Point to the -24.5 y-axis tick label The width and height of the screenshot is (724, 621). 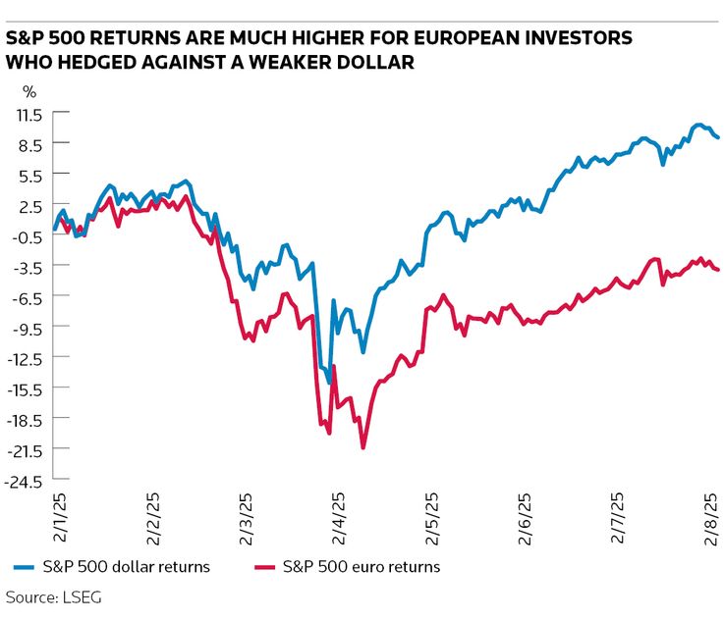[26, 481]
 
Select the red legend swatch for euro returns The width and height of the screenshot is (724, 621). [262, 567]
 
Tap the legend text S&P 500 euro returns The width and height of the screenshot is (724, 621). [361, 567]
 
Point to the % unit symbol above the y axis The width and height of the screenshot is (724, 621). [29, 92]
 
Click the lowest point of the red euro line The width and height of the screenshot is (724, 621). [363, 448]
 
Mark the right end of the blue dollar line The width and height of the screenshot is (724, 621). [718, 137]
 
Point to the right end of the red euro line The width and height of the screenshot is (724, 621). [718, 270]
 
